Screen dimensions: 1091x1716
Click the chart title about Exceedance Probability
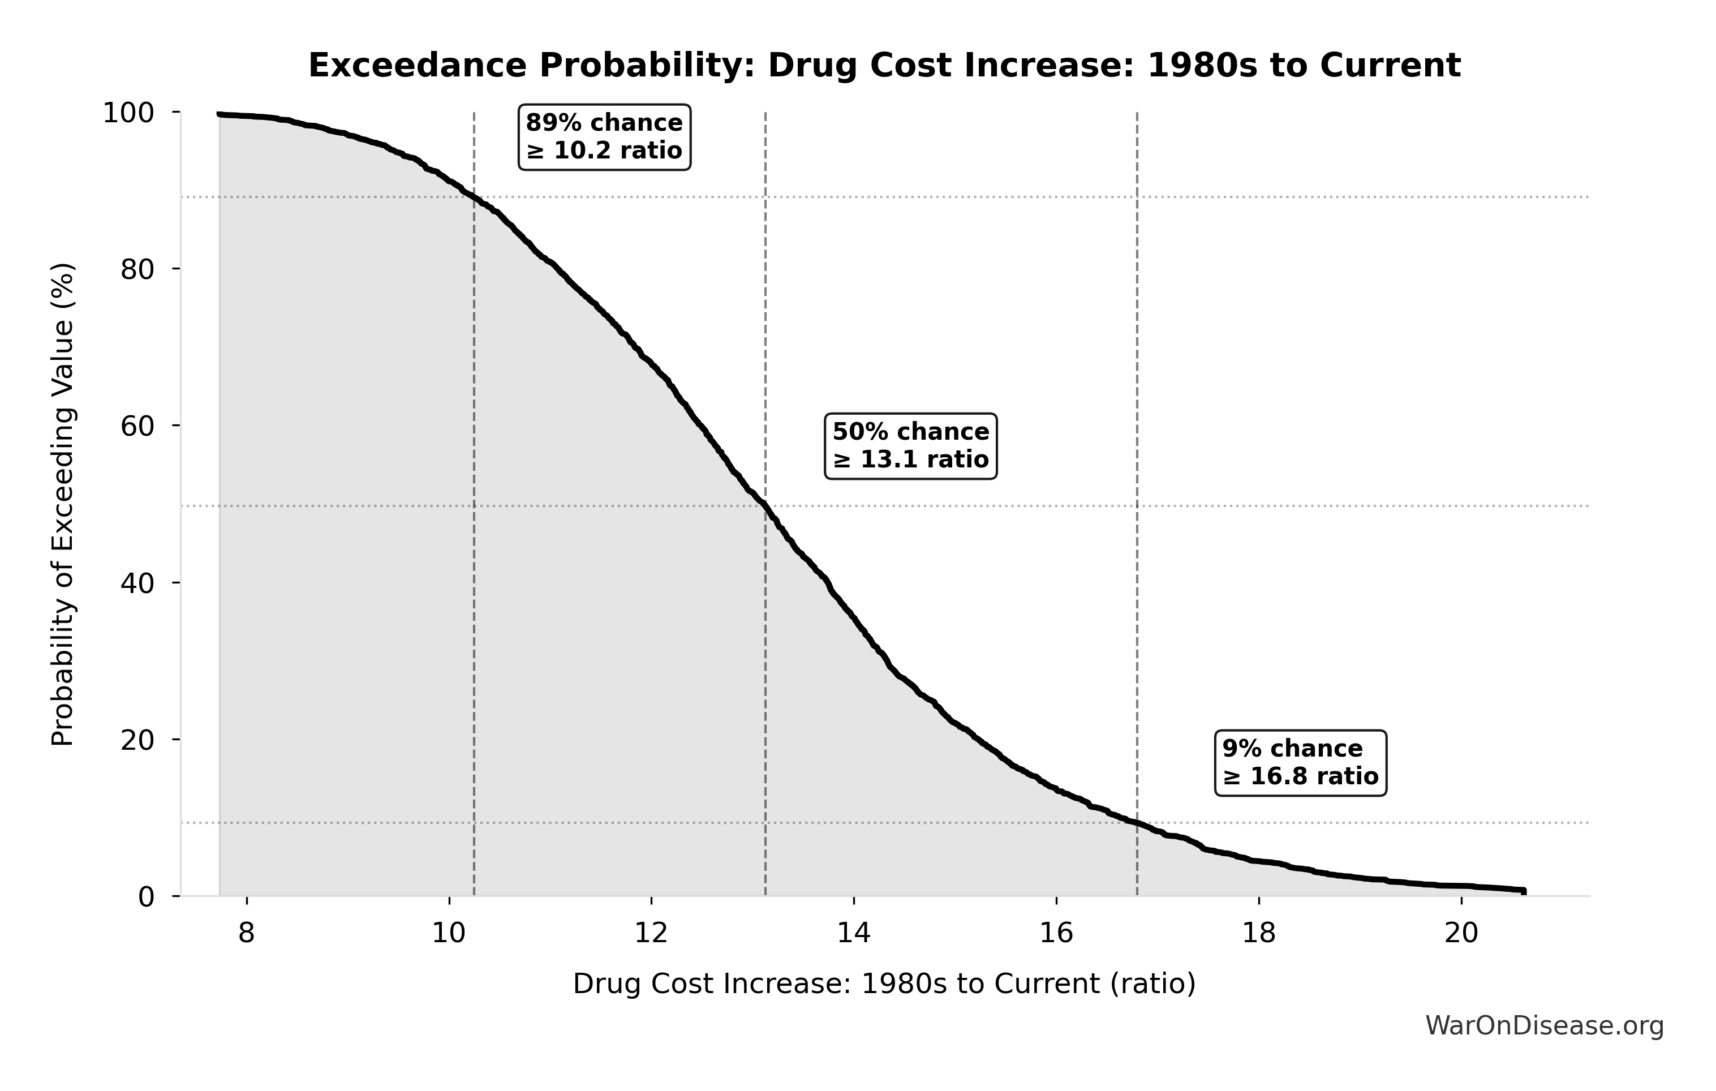[x=884, y=66]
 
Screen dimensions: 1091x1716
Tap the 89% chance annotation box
[x=604, y=137]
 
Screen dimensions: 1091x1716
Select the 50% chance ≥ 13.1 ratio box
[x=911, y=446]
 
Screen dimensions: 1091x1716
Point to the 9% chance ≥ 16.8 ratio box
[x=1301, y=762]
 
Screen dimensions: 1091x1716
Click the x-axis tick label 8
[x=247, y=933]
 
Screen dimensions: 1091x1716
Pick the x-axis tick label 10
[x=449, y=933]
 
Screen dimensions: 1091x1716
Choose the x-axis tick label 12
[x=651, y=933]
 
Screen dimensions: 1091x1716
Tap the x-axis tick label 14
[x=854, y=933]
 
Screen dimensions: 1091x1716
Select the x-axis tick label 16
[x=1056, y=933]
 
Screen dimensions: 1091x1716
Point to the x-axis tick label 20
[x=1461, y=933]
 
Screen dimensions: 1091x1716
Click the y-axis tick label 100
[x=128, y=113]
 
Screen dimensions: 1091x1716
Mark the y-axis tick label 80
[x=137, y=269]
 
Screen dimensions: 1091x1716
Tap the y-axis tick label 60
[x=137, y=426]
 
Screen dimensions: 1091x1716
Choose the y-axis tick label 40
[x=137, y=583]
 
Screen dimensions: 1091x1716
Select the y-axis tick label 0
[x=146, y=896]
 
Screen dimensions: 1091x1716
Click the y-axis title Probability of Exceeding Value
[x=63, y=505]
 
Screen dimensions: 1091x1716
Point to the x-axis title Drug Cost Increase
[x=884, y=984]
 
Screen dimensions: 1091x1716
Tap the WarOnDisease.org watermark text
[x=1544, y=1025]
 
